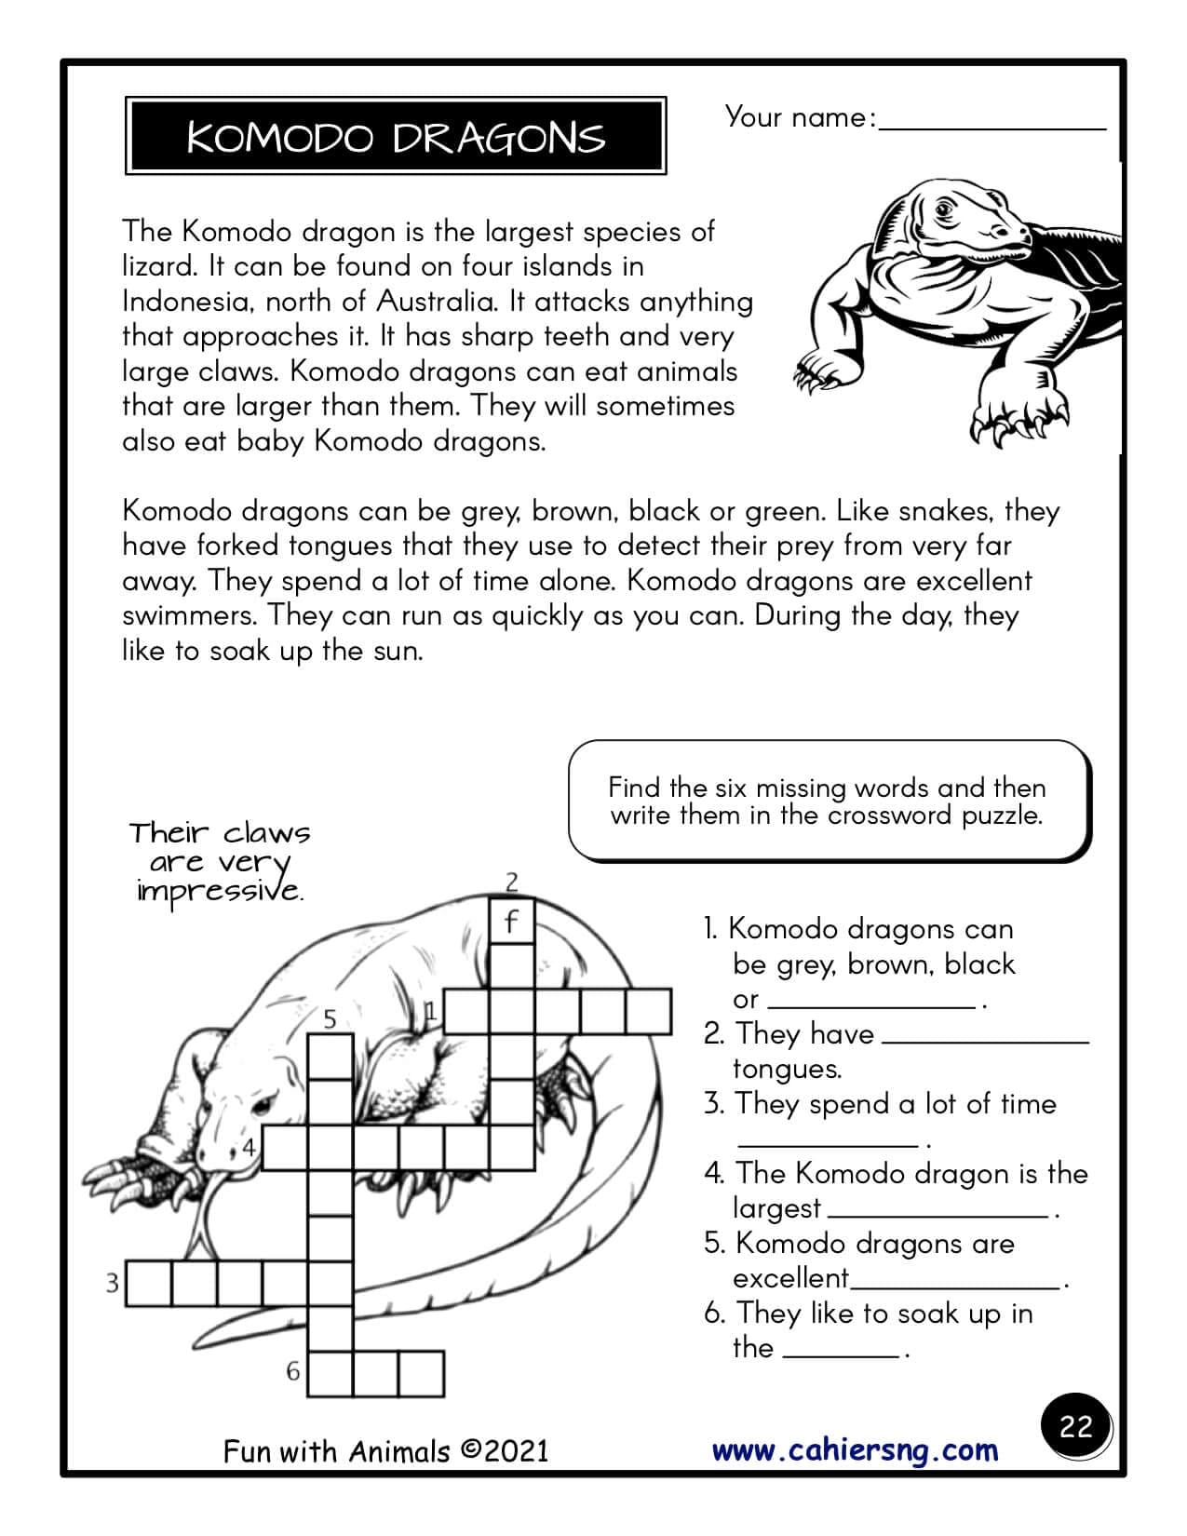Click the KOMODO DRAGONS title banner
[396, 136]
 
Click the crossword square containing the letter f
[511, 923]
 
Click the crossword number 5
[330, 1019]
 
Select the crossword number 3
[112, 1285]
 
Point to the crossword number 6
[293, 1371]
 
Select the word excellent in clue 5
[790, 1278]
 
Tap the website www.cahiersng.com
[855, 1450]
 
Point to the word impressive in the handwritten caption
[219, 891]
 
